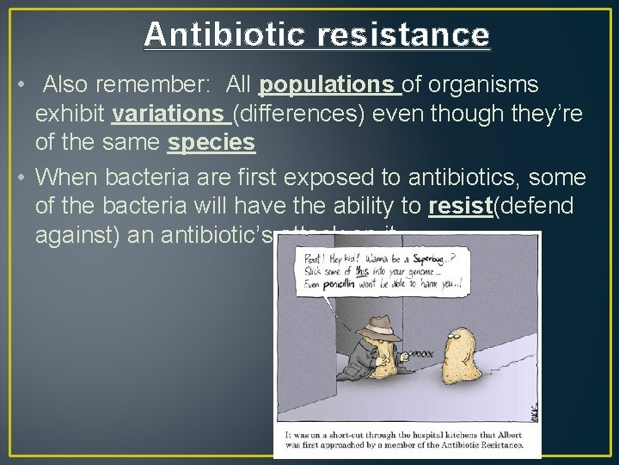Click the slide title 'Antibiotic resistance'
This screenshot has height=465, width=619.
pos(316,34)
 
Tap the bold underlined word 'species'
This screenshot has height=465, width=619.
pos(212,143)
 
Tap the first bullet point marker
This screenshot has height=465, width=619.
pos(19,86)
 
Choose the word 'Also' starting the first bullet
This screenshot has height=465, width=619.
pos(64,84)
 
